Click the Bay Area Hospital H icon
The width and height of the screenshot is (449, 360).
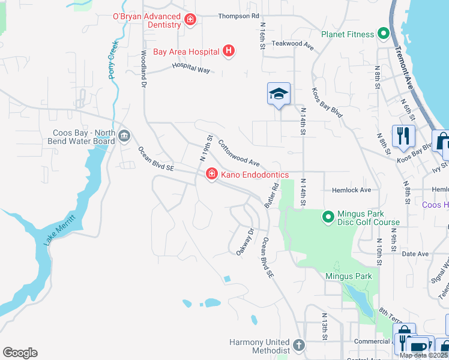point(228,52)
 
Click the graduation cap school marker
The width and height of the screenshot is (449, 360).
point(279,94)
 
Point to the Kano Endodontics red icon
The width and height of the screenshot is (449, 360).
point(211,175)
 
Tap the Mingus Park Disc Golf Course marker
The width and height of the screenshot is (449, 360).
point(328,217)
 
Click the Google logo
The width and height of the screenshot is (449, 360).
point(20,353)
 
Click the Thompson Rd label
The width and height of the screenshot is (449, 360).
point(238,16)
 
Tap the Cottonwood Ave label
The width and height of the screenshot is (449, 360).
point(238,154)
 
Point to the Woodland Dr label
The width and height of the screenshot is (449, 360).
point(144,69)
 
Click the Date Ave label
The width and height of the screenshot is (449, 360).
point(415,254)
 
